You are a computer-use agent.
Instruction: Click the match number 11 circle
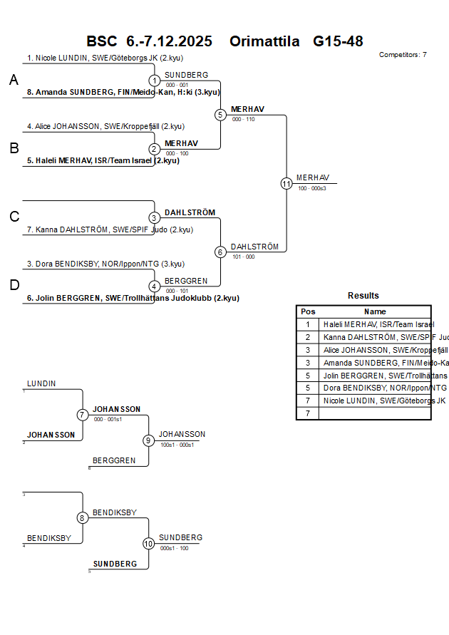[x=287, y=183]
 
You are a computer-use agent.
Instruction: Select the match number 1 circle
[x=155, y=81]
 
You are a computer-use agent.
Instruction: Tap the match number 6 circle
[x=220, y=252]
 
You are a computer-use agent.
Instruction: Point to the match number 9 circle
[x=148, y=440]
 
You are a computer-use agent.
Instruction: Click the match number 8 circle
[x=83, y=518]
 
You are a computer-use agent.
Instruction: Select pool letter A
[x=14, y=81]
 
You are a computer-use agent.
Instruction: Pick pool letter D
[x=14, y=285]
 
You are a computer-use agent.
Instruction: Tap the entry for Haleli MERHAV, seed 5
[x=103, y=160]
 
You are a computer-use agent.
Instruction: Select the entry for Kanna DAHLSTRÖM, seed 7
[x=110, y=229]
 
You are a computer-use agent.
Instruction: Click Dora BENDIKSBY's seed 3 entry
[x=105, y=264]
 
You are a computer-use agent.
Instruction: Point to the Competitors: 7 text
[x=403, y=55]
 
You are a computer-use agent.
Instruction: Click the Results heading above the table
[x=363, y=296]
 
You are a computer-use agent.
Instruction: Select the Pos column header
[x=308, y=311]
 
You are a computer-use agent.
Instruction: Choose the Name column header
[x=375, y=311]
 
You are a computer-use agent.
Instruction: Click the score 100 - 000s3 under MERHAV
[x=312, y=188]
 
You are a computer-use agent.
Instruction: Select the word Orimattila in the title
[x=264, y=41]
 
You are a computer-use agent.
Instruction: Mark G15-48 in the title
[x=338, y=41]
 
